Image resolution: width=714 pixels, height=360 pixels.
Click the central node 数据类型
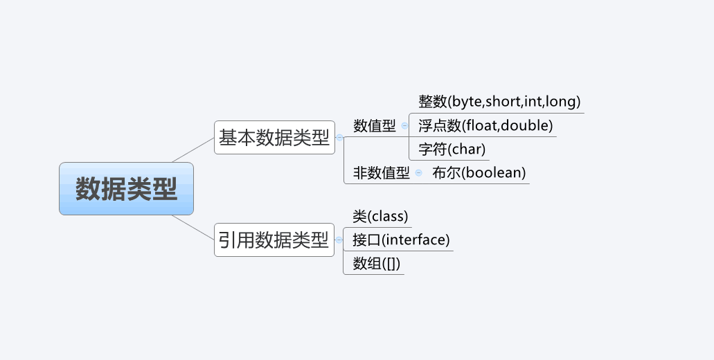coord(126,188)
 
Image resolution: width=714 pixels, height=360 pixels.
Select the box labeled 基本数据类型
coord(274,137)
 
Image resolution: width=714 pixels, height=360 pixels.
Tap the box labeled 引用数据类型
coord(274,240)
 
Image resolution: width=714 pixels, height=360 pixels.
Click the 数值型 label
coord(375,126)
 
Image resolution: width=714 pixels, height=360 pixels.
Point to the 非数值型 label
coord(382,173)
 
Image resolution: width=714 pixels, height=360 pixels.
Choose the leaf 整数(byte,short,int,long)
coord(499,102)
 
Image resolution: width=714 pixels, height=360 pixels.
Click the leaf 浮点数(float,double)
coord(485,126)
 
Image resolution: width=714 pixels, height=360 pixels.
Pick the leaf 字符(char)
coord(452,149)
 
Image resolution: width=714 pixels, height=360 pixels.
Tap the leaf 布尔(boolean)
coord(479,173)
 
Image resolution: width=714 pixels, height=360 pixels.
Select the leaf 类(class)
coord(380,217)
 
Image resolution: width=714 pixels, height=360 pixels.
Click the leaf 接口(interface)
coord(401,240)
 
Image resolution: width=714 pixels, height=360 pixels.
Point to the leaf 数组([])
coord(377,264)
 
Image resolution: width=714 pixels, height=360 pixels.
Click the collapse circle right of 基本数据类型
coord(339,137)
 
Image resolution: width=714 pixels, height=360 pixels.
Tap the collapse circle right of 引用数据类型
coord(339,240)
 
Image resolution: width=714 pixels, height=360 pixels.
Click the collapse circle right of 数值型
coord(404,126)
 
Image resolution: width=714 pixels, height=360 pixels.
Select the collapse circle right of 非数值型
coord(418,173)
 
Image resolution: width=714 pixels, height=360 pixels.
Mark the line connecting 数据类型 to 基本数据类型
coord(193,150)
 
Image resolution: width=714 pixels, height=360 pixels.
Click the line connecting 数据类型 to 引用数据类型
coord(193,227)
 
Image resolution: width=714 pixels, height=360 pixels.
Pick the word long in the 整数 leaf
coord(562,102)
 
